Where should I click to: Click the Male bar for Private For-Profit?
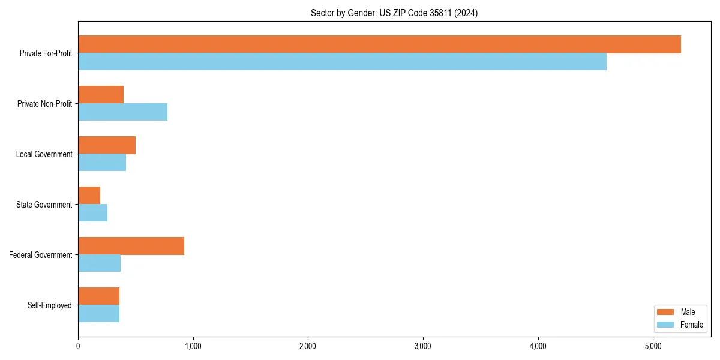(379, 44)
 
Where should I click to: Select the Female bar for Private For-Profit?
(342, 62)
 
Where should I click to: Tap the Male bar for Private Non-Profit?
(101, 95)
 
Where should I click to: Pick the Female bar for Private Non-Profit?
(122, 112)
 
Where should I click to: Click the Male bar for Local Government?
(107, 145)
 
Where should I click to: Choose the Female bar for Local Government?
(102, 163)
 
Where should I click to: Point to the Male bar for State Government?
(89, 196)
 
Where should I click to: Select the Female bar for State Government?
(93, 213)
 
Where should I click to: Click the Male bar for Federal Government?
(131, 246)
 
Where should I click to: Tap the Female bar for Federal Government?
(100, 263)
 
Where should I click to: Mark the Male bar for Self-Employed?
(99, 296)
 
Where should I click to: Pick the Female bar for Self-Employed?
(99, 314)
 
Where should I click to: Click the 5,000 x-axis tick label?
(653, 346)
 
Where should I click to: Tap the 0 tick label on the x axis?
(78, 346)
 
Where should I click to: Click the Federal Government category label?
(41, 255)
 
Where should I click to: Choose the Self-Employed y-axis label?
(50, 305)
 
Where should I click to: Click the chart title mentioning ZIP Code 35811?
(394, 13)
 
